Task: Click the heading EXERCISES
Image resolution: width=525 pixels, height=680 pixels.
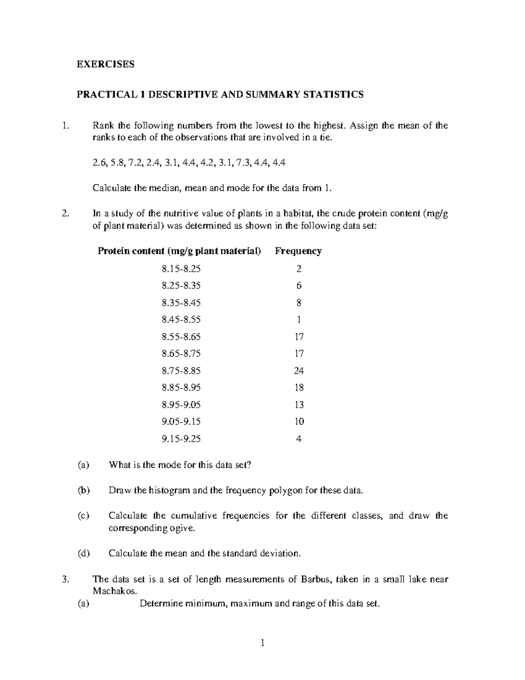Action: click(105, 64)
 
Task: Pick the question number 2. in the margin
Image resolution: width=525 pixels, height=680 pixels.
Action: click(66, 214)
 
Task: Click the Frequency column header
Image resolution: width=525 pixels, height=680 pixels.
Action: click(298, 251)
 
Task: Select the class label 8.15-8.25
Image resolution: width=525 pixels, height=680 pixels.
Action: click(181, 268)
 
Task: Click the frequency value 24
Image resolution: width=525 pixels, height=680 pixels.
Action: click(299, 370)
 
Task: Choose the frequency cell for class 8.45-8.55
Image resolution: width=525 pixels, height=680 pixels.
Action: click(299, 320)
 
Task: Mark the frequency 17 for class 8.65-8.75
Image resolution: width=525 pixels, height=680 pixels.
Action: click(299, 353)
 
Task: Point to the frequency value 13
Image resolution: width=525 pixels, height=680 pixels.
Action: click(299, 405)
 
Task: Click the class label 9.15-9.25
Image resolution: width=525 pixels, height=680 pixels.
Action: click(181, 439)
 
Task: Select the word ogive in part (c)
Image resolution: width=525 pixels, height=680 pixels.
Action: click(182, 528)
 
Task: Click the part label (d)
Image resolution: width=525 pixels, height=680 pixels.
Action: click(83, 553)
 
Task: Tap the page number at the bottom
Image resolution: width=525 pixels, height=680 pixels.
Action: click(262, 643)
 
